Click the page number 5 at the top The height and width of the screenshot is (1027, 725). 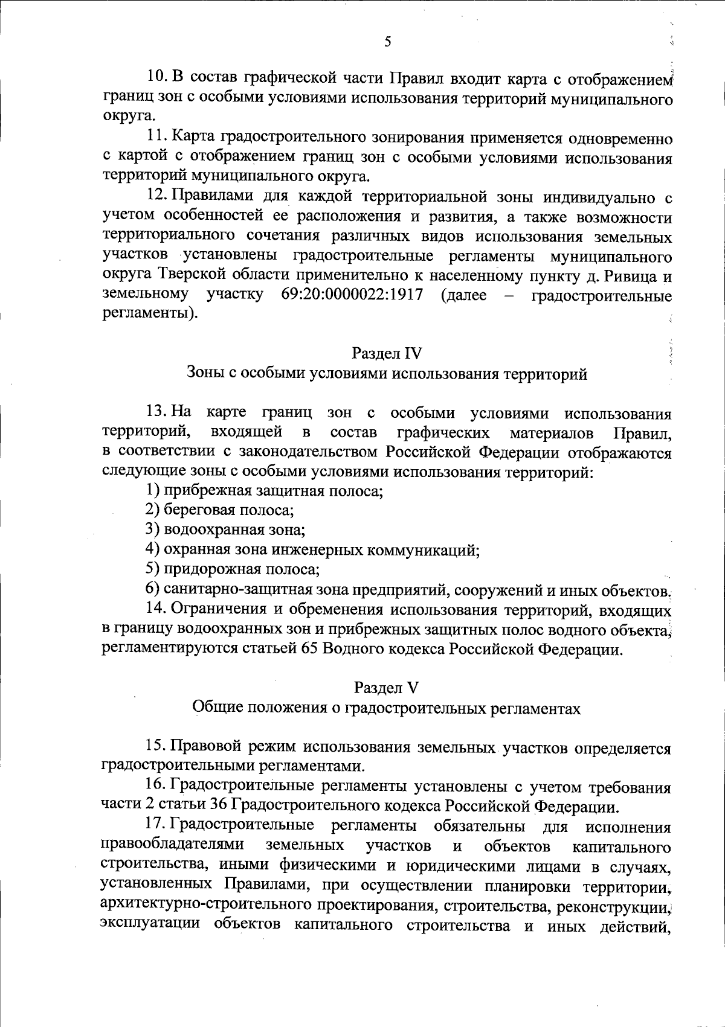(387, 42)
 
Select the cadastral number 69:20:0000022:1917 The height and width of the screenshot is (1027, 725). (352, 296)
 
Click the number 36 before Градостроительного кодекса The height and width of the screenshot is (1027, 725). (217, 806)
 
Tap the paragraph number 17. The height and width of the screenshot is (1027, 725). (156, 825)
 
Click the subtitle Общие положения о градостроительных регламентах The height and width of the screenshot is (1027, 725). (386, 708)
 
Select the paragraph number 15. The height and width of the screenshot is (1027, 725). (156, 748)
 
